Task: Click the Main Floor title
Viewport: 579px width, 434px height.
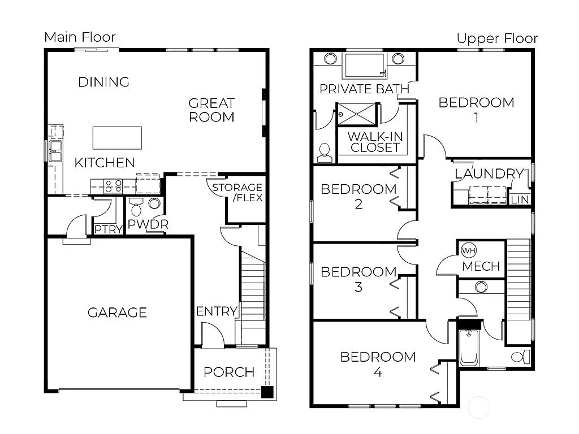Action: coord(80,37)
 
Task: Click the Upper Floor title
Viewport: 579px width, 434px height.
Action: coord(497,38)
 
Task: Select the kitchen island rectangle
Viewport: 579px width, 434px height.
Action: coord(117,137)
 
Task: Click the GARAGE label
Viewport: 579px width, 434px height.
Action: coord(117,313)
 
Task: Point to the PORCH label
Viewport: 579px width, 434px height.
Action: coord(229,372)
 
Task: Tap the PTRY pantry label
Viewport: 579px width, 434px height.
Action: coord(109,229)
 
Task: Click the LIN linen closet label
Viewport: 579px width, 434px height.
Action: coord(519,200)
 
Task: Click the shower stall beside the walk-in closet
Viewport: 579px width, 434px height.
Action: coord(356,114)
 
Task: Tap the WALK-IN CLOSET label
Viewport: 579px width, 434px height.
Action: coord(374,142)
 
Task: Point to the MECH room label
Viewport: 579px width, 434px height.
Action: coord(481,266)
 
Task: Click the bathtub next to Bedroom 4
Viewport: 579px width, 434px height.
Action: coord(469,346)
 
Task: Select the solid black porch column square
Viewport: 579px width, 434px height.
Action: coord(267,392)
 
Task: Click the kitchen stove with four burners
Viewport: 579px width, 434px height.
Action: coord(113,185)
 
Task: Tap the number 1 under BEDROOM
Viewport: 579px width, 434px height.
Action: coord(476,118)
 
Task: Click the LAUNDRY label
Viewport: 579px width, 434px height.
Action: coord(489,174)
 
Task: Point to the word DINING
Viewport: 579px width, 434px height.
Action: coord(103,82)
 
